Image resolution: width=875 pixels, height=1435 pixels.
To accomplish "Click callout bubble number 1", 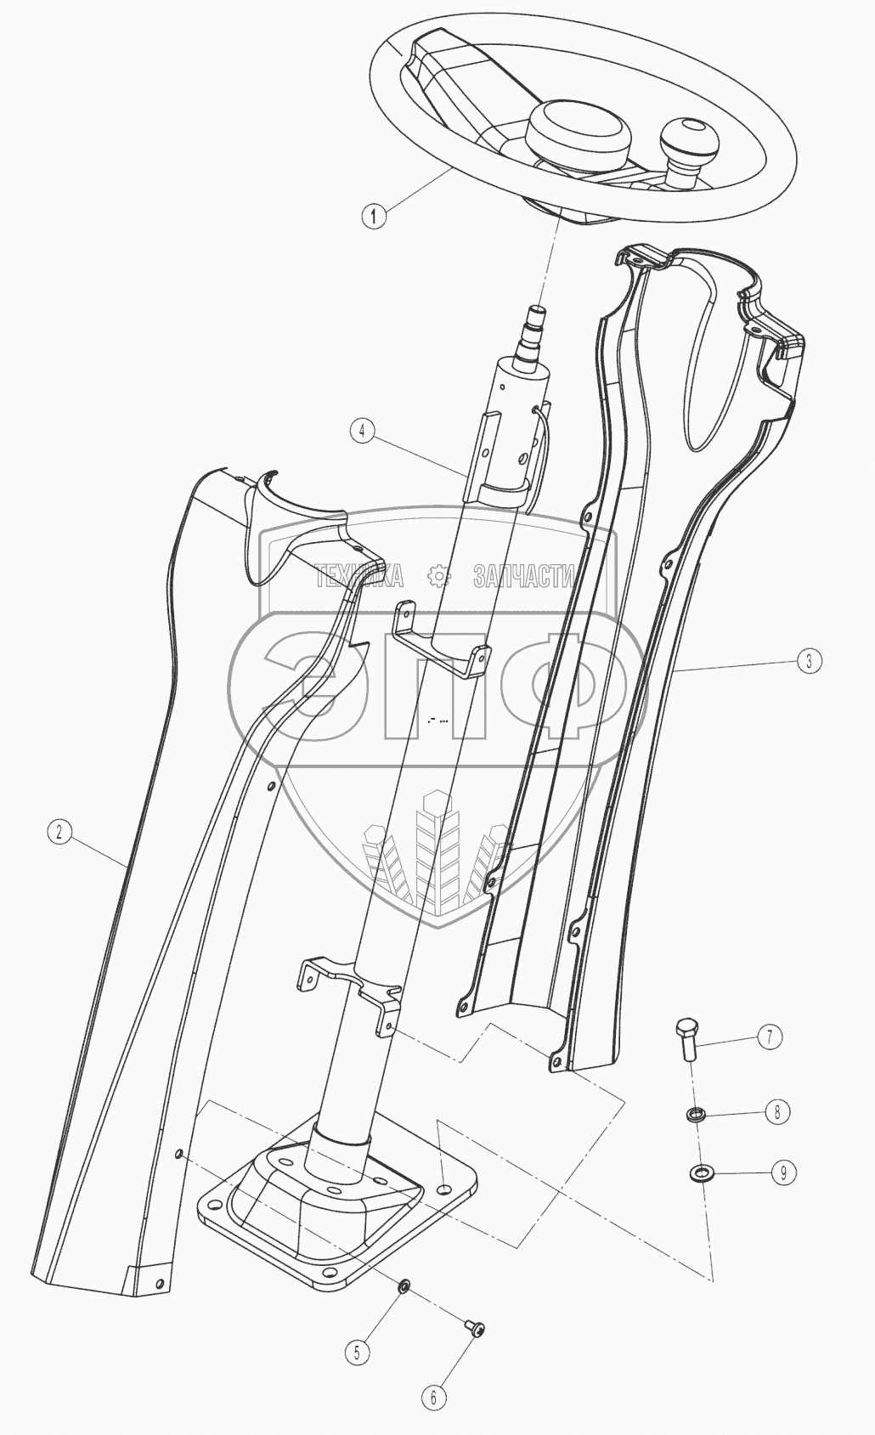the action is [374, 216].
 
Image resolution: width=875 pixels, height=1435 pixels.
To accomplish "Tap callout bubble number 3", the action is [809, 660].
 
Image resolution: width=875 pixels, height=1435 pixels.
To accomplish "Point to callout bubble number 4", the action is [363, 431].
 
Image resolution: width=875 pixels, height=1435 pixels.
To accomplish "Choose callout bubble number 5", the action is [357, 1352].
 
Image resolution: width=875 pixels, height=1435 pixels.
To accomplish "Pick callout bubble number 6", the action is [433, 1396].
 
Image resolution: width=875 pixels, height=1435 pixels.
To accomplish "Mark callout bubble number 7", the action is [769, 1037].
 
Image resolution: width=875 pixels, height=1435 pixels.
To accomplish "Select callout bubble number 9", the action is [783, 1172].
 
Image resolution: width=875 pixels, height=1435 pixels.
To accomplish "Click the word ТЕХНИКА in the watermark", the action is [358, 577].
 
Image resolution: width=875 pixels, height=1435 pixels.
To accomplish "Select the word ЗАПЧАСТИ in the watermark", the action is [523, 577].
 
